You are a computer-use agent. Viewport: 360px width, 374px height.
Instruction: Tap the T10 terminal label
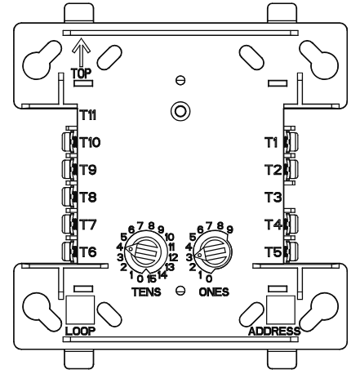click(90, 142)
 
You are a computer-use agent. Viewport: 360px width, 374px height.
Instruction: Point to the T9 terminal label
click(88, 170)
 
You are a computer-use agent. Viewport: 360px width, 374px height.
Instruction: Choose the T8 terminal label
click(88, 197)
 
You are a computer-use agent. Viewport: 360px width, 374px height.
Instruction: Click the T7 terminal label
click(88, 224)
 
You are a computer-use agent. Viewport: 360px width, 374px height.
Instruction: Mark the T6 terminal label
click(88, 252)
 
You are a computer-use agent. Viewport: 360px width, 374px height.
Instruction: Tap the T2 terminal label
click(273, 170)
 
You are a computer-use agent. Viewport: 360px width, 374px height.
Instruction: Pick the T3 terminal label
click(273, 197)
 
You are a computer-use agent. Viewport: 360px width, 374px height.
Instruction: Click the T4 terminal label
click(273, 224)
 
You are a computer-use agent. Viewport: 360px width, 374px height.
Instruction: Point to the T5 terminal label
click(273, 252)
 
